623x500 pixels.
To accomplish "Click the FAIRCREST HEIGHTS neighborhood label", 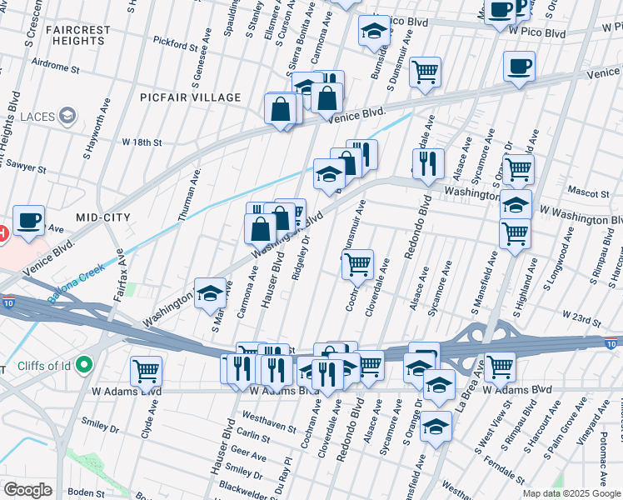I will point(77,35).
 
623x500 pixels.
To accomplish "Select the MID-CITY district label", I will point(103,217).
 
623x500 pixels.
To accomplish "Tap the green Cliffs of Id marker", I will point(83,364).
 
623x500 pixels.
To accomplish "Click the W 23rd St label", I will point(581,317).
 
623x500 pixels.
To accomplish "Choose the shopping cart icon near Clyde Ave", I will point(146,369).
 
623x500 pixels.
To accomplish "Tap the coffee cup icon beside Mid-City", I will point(28,221).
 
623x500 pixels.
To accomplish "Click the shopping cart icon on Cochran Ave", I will point(357,264).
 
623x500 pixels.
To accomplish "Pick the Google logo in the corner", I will point(28,490).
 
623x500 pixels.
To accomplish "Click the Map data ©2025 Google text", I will point(571,493).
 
